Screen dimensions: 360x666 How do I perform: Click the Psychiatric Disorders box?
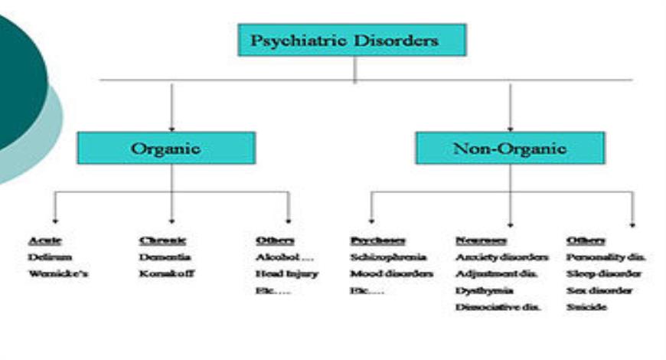click(x=352, y=39)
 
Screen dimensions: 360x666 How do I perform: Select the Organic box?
click(x=166, y=148)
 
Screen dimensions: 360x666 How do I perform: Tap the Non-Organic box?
click(x=510, y=148)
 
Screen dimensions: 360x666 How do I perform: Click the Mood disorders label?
click(x=392, y=274)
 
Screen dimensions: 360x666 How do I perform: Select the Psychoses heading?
click(x=377, y=241)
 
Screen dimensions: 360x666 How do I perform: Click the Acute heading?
click(x=44, y=241)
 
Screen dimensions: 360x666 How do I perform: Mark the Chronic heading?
click(x=162, y=241)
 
